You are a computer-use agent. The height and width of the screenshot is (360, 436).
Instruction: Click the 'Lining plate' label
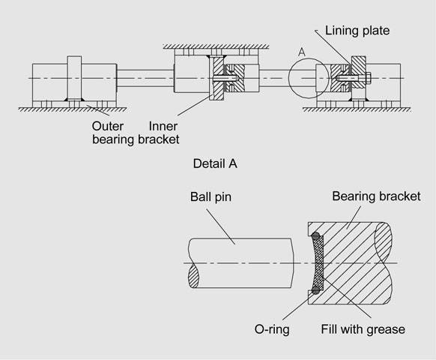pyautogui.click(x=357, y=30)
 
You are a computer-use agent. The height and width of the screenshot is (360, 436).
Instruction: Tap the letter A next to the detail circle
pyautogui.click(x=301, y=52)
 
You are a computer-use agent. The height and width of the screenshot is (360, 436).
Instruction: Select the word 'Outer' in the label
pyautogui.click(x=108, y=126)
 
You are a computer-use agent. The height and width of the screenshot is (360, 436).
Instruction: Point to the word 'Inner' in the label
pyautogui.click(x=163, y=126)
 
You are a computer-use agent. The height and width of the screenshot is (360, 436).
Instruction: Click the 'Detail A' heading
pyautogui.click(x=215, y=163)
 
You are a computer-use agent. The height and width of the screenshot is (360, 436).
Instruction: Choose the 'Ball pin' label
pyautogui.click(x=211, y=196)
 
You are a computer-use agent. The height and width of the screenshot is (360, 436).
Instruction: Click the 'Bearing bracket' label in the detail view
pyautogui.click(x=376, y=196)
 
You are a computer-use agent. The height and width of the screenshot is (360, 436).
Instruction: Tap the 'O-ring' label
pyautogui.click(x=272, y=329)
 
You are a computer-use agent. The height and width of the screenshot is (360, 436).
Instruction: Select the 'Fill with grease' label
pyautogui.click(x=363, y=329)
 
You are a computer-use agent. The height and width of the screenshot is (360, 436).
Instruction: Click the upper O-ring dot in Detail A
pyautogui.click(x=315, y=236)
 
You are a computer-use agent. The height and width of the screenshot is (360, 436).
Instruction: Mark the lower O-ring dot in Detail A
pyautogui.click(x=315, y=290)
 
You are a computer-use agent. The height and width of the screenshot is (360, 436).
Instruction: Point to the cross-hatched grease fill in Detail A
pyautogui.click(x=319, y=263)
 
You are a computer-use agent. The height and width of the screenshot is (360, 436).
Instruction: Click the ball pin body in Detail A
pyautogui.click(x=240, y=263)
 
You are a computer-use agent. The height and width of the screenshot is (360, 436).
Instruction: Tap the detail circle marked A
pyautogui.click(x=288, y=78)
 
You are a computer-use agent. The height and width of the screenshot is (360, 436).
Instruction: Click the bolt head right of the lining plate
pyautogui.click(x=368, y=78)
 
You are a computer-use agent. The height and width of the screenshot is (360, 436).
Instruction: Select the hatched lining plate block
pyautogui.click(x=358, y=72)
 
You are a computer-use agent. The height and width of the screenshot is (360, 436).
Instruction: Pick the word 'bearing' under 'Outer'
pyautogui.click(x=113, y=139)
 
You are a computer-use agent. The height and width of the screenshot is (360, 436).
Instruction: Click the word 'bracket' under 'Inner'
pyautogui.click(x=159, y=139)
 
